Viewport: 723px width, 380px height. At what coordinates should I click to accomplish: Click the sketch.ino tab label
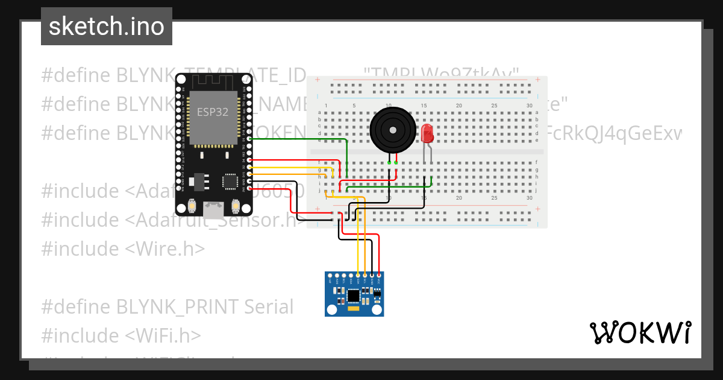pyautogui.click(x=107, y=27)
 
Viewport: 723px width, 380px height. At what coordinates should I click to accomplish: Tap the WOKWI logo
pyautogui.click(x=640, y=332)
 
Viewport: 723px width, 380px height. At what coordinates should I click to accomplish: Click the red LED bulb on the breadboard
pyautogui.click(x=427, y=133)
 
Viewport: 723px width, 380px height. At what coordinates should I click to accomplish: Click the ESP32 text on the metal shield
pyautogui.click(x=209, y=112)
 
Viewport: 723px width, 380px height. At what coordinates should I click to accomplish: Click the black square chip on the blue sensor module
pyautogui.click(x=353, y=296)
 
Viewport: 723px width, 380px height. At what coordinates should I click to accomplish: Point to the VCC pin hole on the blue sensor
pyautogui.click(x=379, y=275)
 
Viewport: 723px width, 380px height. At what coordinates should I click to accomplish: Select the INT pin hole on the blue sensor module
pyautogui.click(x=330, y=275)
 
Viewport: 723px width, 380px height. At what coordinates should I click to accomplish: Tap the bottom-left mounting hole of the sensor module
pyautogui.click(x=330, y=310)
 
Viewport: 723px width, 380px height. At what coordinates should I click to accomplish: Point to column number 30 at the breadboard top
pyautogui.click(x=529, y=106)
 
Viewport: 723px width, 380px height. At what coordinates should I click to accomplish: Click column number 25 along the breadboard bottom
pyautogui.click(x=494, y=198)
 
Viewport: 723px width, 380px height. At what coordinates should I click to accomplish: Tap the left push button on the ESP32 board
pyautogui.click(x=192, y=206)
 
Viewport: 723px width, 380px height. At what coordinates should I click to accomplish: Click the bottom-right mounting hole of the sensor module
pyautogui.click(x=377, y=310)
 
